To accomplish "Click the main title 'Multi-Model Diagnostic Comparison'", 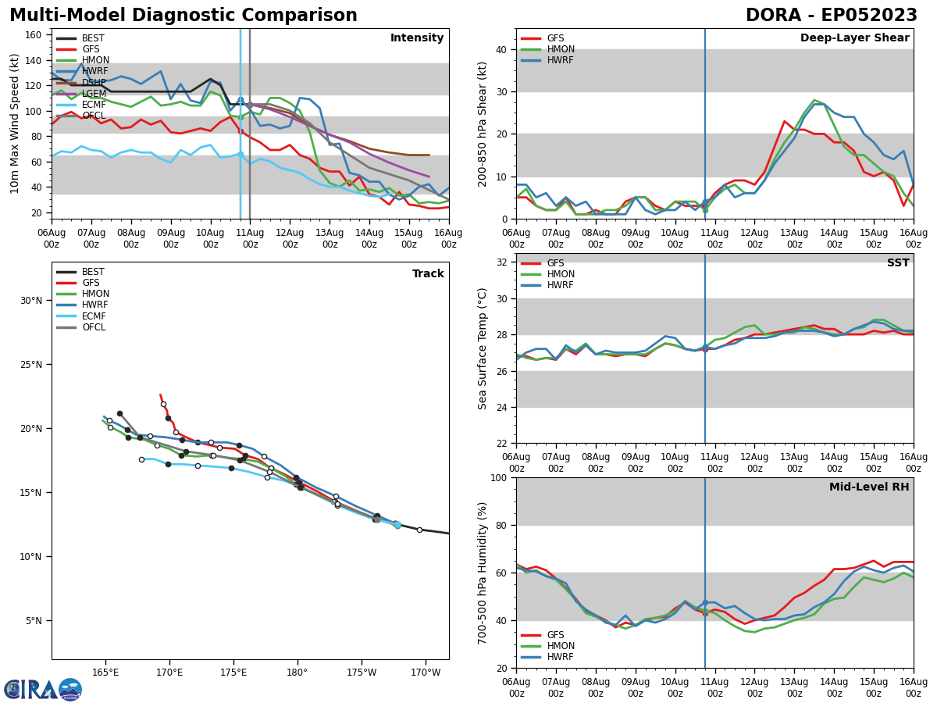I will point(183,16).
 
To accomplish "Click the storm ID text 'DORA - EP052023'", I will point(831,16).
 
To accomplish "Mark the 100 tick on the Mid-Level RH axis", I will point(497,477).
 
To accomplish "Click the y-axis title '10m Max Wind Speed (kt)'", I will point(15,123).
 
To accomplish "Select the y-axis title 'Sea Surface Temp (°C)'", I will point(483,348).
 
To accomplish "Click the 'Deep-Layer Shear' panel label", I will point(854,38).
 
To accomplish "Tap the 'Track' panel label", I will point(428,274).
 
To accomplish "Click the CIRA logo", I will point(43,690).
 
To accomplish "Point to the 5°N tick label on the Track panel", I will point(33,621).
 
